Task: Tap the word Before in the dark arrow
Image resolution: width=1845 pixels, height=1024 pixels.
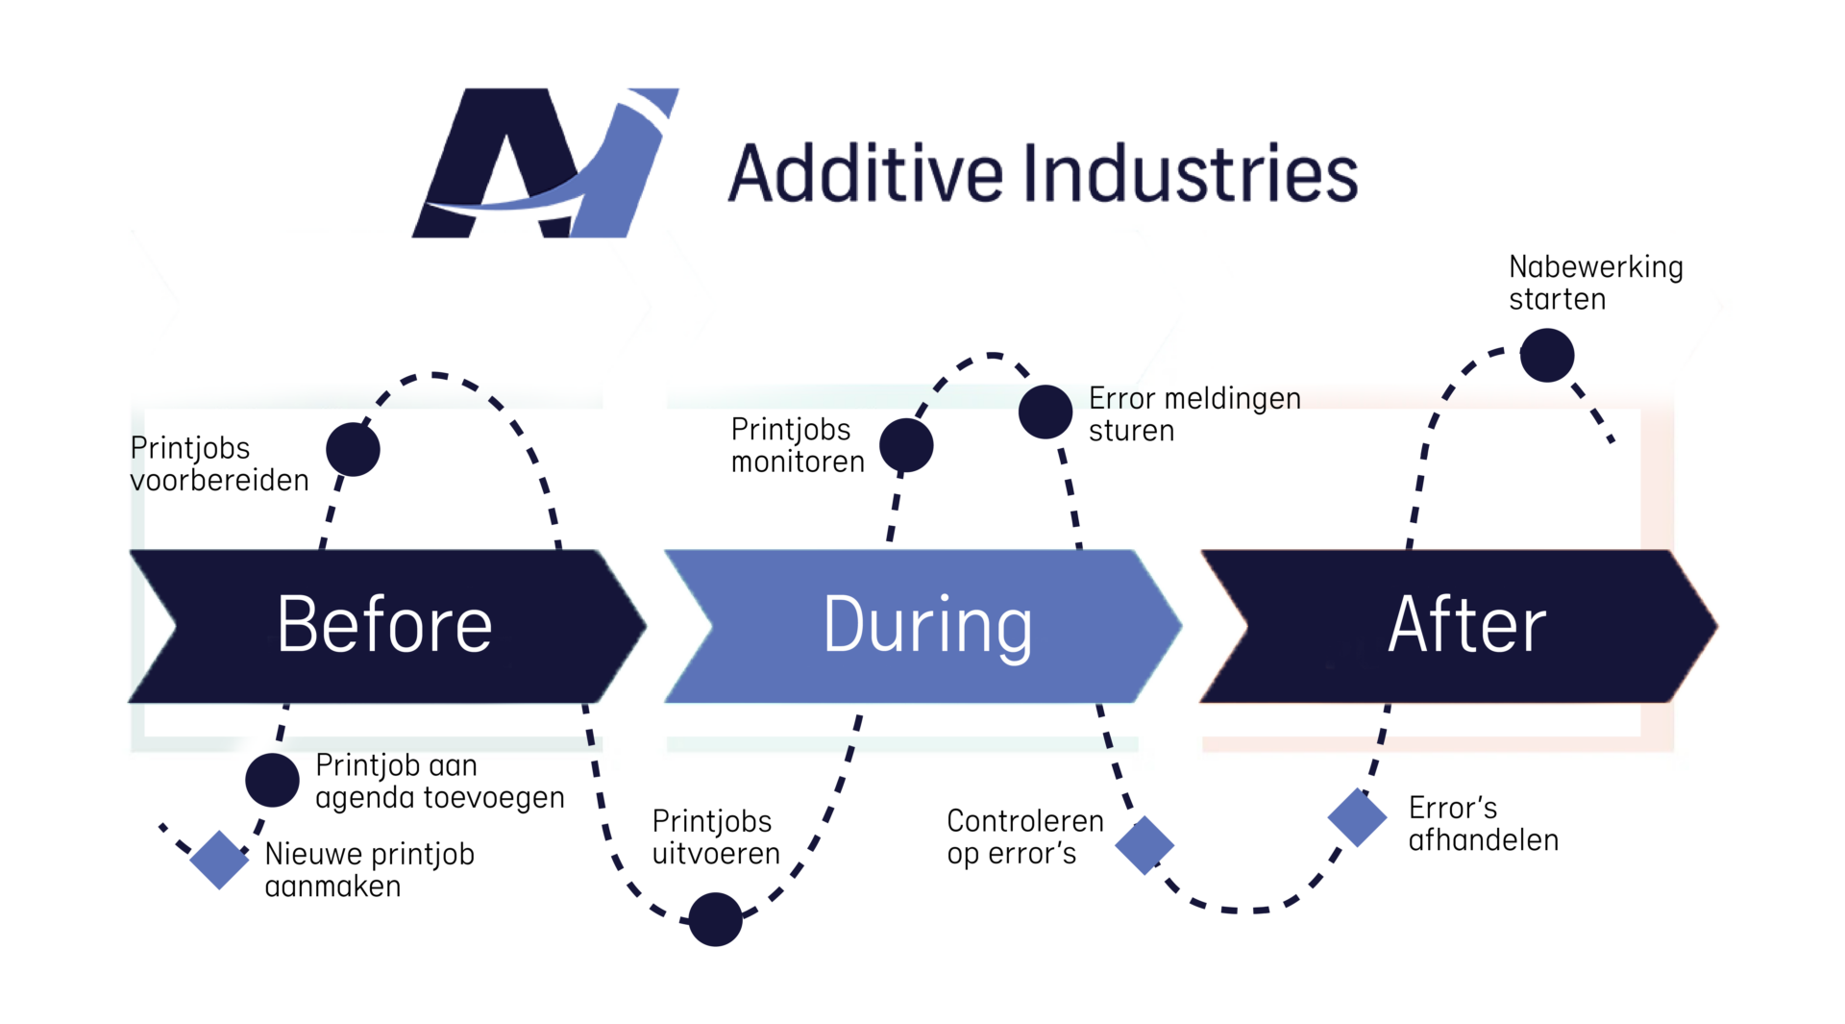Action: click(384, 625)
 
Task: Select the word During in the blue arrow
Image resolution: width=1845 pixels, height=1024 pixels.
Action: click(927, 625)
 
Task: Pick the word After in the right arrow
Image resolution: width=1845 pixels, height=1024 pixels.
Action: click(1467, 625)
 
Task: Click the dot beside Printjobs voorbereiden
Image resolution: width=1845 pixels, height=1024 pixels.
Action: click(353, 449)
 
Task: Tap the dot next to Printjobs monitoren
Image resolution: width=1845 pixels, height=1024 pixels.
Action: click(906, 445)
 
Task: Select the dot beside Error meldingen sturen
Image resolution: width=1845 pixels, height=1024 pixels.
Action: click(1045, 412)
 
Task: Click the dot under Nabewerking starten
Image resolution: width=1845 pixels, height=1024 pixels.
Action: click(1547, 355)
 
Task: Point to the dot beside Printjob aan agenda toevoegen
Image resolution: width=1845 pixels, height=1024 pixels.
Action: click(272, 779)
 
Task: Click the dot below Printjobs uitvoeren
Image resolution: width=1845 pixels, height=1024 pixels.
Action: click(715, 919)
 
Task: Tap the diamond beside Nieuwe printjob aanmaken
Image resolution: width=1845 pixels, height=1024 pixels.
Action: click(219, 860)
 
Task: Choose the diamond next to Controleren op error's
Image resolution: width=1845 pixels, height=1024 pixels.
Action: click(1144, 845)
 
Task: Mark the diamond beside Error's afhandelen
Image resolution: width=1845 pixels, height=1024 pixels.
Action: click(1357, 817)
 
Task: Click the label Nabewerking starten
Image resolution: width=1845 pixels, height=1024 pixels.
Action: click(1595, 283)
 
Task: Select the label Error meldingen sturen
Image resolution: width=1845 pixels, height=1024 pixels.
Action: click(1194, 414)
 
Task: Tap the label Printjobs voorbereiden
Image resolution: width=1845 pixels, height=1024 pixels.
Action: click(219, 463)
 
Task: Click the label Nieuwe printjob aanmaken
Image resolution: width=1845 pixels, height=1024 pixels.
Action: click(369, 869)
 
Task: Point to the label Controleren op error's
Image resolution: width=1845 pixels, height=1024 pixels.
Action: click(1024, 837)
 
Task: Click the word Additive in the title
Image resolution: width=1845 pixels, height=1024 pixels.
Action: click(865, 174)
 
